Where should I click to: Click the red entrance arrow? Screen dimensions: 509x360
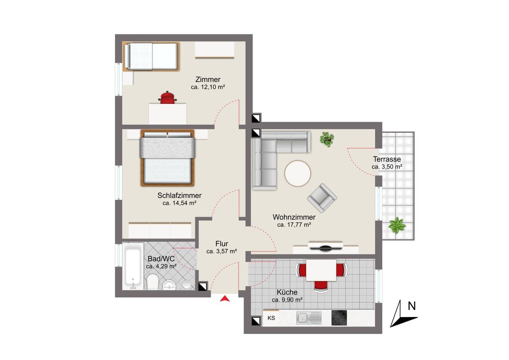coord(225,298)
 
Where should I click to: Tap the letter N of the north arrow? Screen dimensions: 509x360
coord(412,306)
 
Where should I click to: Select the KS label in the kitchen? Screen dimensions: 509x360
coord(271,318)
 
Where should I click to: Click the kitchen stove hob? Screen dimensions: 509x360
coord(339,317)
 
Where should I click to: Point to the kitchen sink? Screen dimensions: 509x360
coord(309,318)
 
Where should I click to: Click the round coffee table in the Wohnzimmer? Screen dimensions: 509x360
coord(298,173)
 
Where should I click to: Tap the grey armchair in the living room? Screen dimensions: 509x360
coord(322,198)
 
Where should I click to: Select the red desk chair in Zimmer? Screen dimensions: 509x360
coord(167,97)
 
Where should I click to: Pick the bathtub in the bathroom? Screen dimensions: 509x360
coord(133,266)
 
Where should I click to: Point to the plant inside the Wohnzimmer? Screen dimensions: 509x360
coord(327,139)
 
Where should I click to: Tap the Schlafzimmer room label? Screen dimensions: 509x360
coord(179,195)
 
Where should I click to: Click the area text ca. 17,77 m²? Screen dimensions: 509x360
coord(294,225)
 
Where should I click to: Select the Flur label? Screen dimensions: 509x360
coord(221,244)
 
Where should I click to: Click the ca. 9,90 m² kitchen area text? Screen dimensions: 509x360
coord(287,300)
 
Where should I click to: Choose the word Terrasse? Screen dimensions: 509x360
coord(387,159)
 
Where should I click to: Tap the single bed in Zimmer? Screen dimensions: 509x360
coord(152,56)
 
